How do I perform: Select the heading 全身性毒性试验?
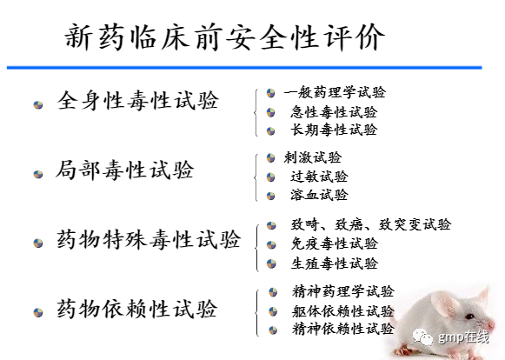(x=138, y=100)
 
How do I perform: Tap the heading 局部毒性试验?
(x=125, y=170)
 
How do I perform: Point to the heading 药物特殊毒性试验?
(x=149, y=239)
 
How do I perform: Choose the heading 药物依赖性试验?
(x=137, y=309)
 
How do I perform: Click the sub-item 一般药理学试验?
(x=335, y=92)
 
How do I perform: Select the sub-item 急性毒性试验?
(x=334, y=112)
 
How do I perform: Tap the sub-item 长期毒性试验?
(x=334, y=130)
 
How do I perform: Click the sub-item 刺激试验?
(x=313, y=157)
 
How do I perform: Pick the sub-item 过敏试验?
(x=320, y=177)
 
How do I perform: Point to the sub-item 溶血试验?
(x=320, y=195)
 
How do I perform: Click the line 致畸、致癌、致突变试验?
(x=371, y=224)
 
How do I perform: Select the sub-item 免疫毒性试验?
(x=335, y=243)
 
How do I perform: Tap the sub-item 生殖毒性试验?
(x=335, y=263)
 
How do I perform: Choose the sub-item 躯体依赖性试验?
(x=343, y=311)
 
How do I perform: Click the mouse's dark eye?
(x=469, y=317)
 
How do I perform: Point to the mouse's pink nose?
(x=491, y=325)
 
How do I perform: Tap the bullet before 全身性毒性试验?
(x=38, y=104)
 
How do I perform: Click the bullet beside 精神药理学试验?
(x=273, y=292)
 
